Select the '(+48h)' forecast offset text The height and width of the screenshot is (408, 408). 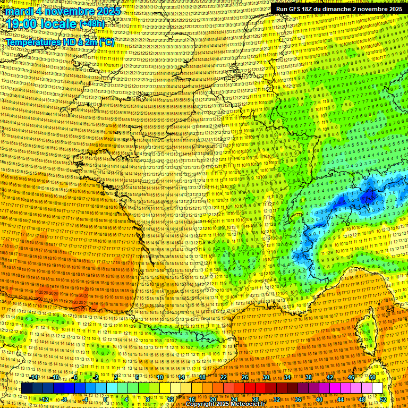point(92,24)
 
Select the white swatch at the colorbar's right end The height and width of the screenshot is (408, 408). point(377,388)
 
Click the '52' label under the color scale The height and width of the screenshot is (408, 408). point(383,399)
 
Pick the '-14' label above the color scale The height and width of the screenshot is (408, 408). point(33,377)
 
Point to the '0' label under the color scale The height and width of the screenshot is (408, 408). point(105,399)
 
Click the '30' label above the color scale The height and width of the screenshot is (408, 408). point(266,377)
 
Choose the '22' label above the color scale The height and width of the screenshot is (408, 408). point(224,377)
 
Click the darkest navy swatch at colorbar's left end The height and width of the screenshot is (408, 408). point(27,388)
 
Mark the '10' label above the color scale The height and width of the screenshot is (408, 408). point(160,377)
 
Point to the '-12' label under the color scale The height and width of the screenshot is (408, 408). point(45,399)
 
